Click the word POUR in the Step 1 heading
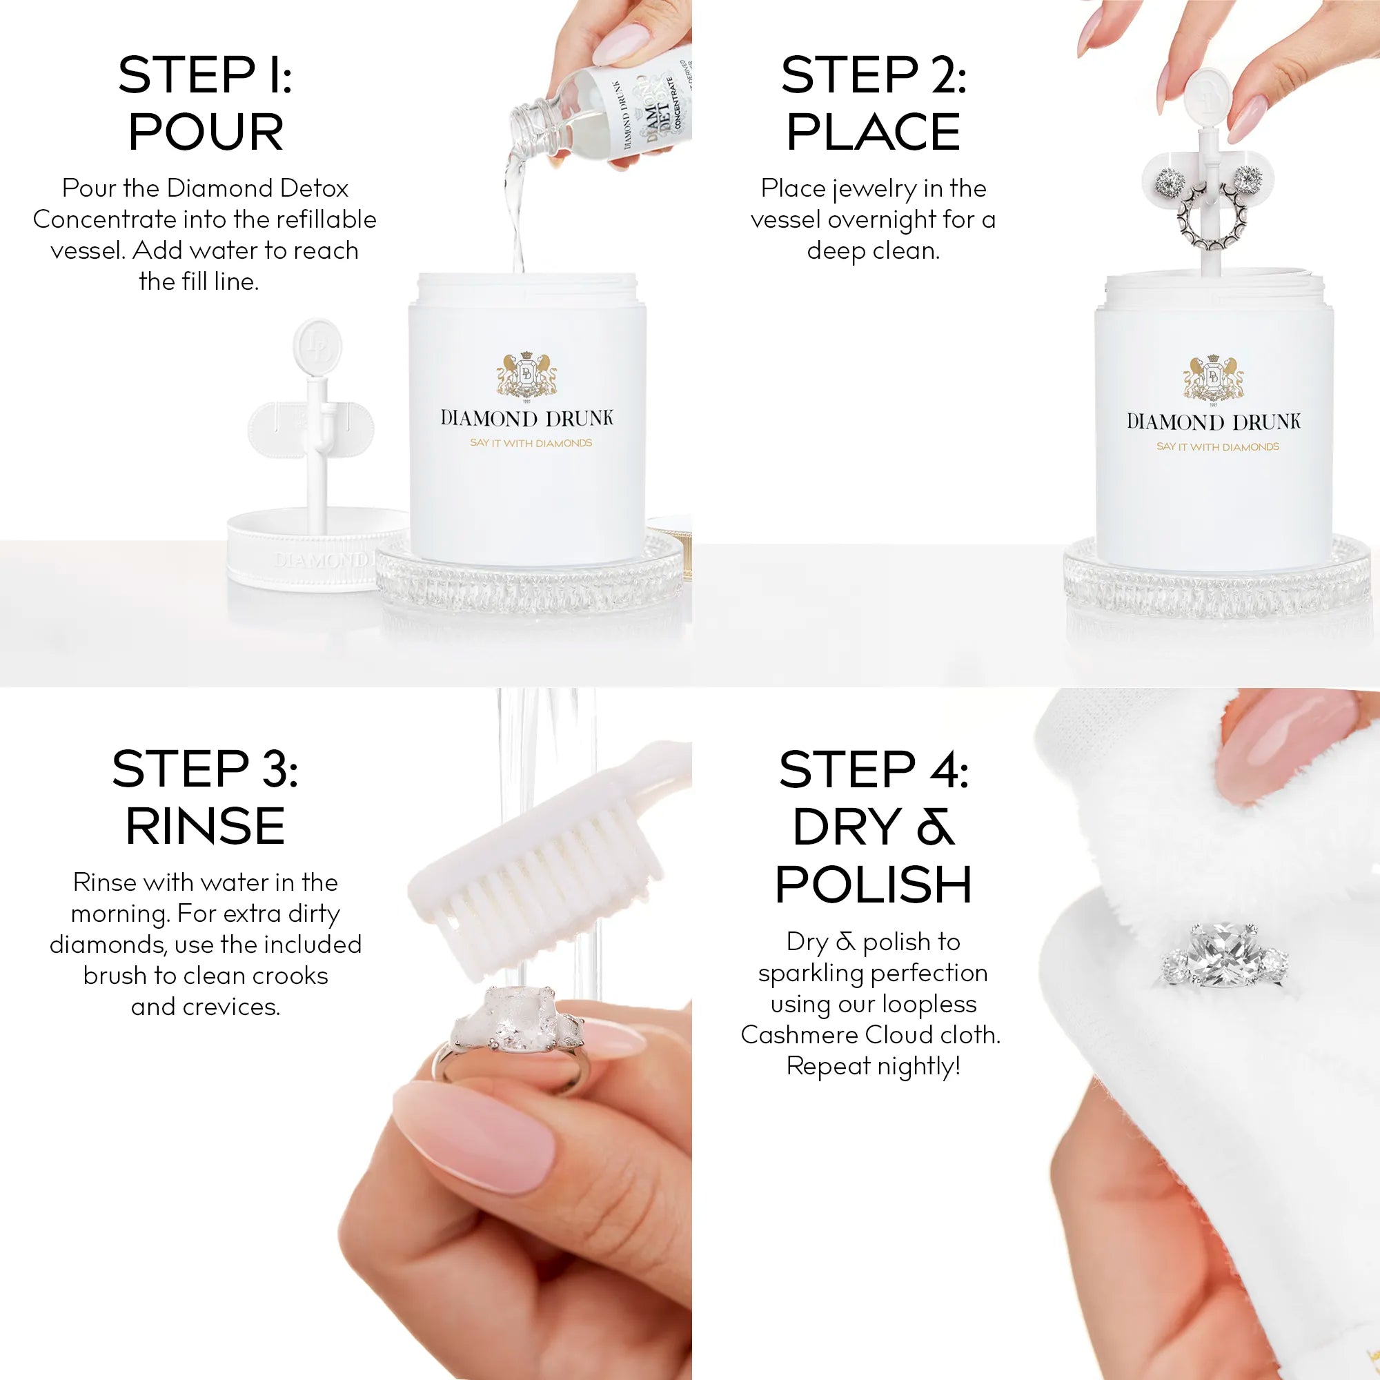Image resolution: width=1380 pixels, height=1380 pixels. tap(206, 133)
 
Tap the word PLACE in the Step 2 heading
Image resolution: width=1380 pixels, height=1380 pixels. tap(873, 133)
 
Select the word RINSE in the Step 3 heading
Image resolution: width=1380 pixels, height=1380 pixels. tap(205, 827)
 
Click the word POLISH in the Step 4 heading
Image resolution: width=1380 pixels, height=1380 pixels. tap(873, 885)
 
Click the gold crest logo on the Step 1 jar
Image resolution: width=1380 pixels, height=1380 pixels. tap(527, 374)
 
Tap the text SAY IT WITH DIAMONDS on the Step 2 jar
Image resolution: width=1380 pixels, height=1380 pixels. tap(1218, 447)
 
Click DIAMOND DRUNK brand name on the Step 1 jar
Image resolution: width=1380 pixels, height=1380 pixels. tap(527, 419)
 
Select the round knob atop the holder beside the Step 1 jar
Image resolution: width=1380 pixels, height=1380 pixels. tap(317, 346)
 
